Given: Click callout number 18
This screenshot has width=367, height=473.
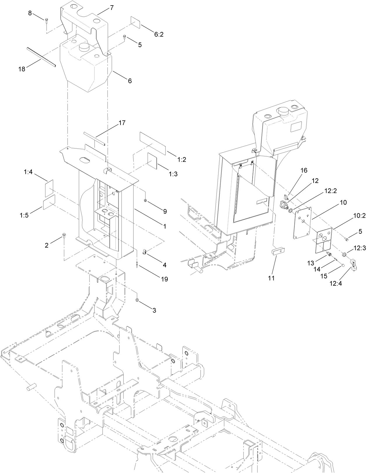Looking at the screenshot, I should click(22, 69).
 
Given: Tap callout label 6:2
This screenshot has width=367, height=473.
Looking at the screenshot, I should click(159, 34).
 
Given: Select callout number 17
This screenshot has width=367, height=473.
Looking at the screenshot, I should click(122, 123).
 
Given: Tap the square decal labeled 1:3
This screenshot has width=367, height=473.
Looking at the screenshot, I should click(153, 161).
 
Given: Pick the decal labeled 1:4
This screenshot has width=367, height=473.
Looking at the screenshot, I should click(49, 188).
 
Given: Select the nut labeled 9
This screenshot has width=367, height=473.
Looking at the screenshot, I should click(145, 200).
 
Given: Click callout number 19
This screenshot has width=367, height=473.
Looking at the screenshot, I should click(164, 279).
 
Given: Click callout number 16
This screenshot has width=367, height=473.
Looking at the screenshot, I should click(304, 170).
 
